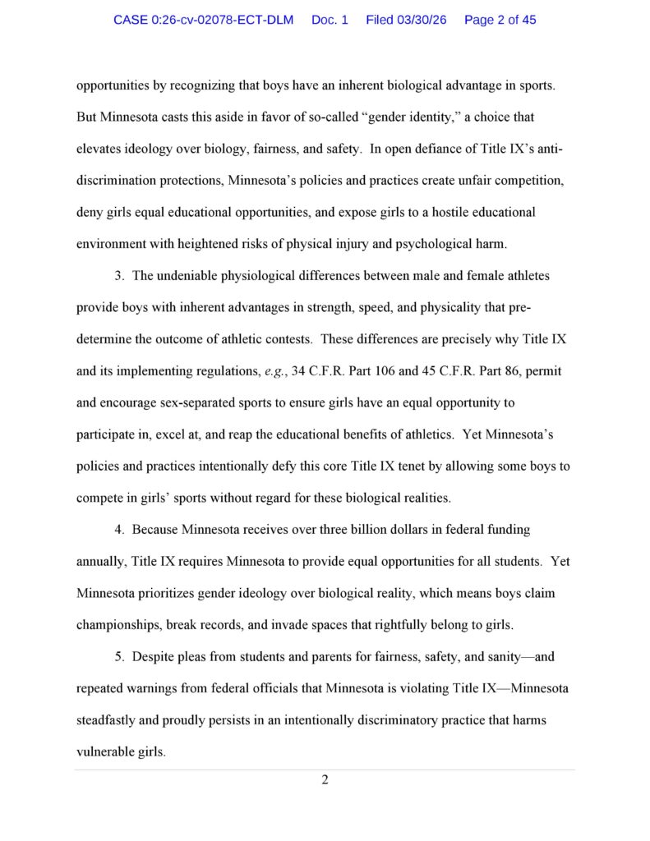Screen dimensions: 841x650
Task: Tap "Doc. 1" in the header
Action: tap(330, 20)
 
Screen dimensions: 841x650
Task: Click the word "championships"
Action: tap(118, 625)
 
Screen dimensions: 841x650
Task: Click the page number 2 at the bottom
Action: tap(325, 779)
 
